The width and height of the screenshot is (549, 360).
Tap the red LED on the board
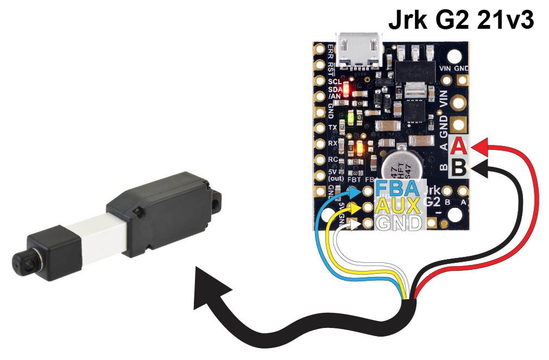(349, 86)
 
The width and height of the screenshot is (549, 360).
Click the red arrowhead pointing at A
(479, 146)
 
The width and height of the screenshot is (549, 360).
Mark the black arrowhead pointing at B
(479, 168)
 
